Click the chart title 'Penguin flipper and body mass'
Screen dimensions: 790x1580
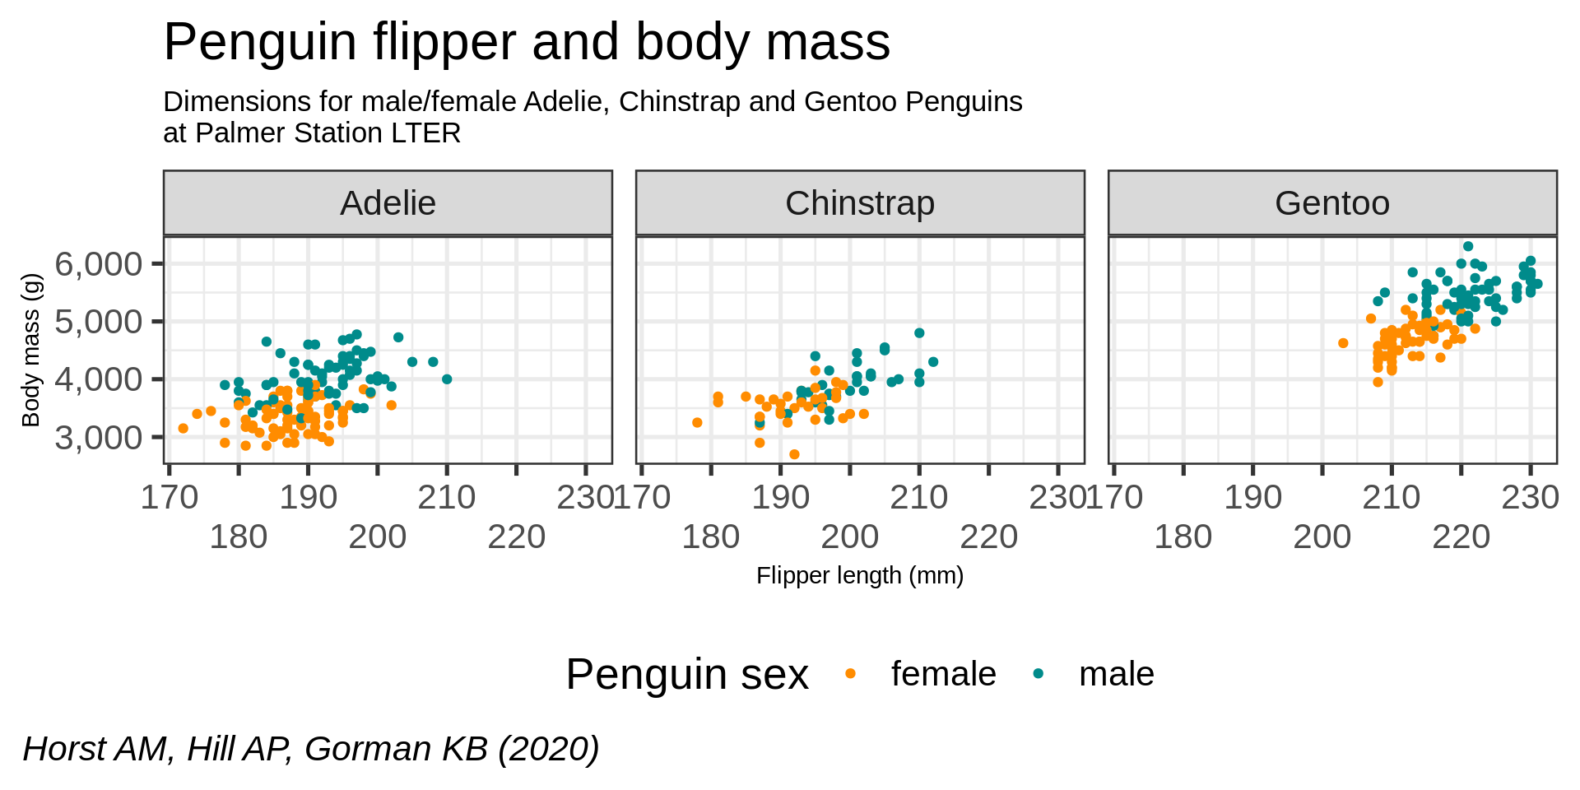(527, 42)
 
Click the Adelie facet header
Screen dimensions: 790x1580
(388, 203)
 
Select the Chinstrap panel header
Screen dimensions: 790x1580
(860, 203)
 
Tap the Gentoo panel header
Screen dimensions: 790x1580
(1332, 203)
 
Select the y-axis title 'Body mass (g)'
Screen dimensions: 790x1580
(31, 350)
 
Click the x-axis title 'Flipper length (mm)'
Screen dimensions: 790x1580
(860, 575)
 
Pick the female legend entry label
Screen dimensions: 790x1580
(943, 674)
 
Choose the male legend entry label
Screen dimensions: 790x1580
(1116, 674)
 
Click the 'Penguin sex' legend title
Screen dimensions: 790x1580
(687, 675)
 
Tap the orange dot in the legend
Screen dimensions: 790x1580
(850, 674)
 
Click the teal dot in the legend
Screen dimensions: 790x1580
(1038, 674)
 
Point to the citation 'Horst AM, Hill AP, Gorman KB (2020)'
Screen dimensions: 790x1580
(311, 749)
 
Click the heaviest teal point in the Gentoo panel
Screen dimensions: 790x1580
(1467, 246)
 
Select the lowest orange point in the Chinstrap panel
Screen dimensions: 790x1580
(794, 454)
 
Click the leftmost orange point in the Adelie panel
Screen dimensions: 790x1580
(183, 428)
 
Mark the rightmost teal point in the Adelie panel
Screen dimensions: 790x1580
(447, 379)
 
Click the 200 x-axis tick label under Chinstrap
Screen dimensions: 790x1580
(850, 537)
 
